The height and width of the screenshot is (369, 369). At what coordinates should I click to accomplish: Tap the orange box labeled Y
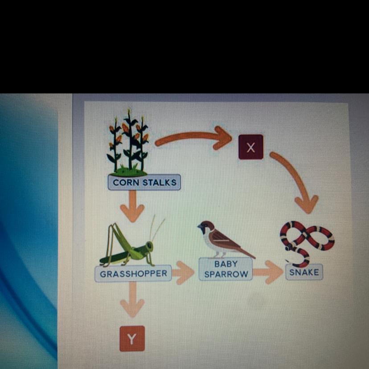tap(131, 339)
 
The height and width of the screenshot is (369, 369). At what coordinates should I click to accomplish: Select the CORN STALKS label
tap(144, 182)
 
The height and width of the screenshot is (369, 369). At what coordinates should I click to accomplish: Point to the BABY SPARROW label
tap(225, 269)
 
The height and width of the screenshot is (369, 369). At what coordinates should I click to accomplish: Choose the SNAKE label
tap(304, 272)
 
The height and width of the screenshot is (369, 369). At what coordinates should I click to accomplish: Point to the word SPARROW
tap(225, 274)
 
